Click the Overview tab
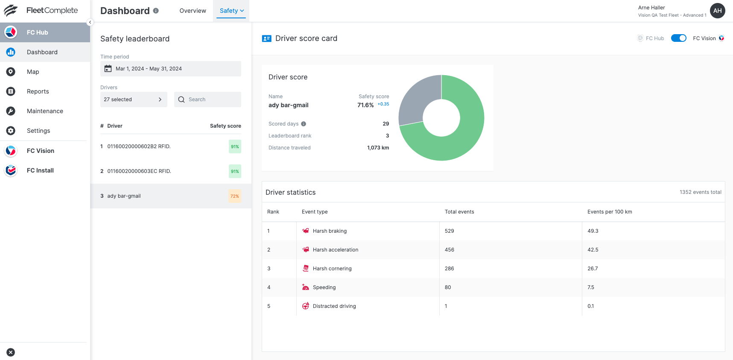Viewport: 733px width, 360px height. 193,11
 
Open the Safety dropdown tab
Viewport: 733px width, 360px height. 231,11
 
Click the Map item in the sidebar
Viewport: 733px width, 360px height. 33,72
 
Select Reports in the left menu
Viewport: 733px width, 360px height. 38,91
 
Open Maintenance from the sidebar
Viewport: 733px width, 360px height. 45,111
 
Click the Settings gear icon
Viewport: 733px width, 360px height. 11,131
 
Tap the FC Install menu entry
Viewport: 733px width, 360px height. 40,170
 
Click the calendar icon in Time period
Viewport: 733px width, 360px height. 108,69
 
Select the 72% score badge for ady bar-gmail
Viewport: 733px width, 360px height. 235,196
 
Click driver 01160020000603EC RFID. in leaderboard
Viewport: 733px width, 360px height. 139,171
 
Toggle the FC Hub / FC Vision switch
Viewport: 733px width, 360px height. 678,38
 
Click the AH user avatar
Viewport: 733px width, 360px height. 717,11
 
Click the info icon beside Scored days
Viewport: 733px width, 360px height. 304,124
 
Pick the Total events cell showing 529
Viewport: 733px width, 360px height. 450,231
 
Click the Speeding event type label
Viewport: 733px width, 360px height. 324,287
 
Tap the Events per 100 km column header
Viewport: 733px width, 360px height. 610,212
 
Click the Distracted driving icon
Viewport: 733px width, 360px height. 306,306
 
